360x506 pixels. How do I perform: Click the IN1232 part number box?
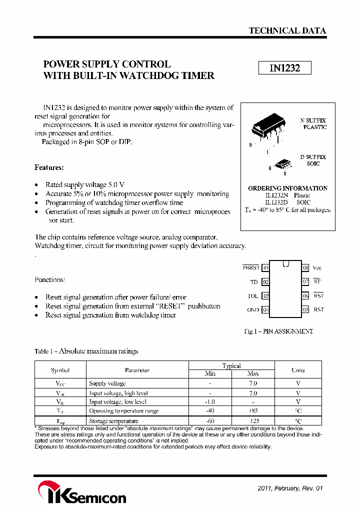tap(284, 68)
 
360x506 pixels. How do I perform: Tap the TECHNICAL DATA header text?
tap(287, 30)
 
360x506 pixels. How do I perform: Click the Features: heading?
tap(49, 167)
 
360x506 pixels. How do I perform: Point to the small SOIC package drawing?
tap(283, 164)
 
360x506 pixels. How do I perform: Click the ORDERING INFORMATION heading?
tap(287, 188)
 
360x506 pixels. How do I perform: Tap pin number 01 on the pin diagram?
tap(265, 268)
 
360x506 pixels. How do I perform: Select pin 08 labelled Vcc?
tap(305, 268)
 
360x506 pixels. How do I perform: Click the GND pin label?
tap(253, 309)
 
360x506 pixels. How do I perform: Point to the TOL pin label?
tap(253, 296)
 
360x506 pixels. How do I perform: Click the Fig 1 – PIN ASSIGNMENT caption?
tap(278, 331)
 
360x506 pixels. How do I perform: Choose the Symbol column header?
tap(60, 370)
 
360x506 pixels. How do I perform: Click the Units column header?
tap(298, 370)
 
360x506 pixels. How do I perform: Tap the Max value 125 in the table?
tap(253, 420)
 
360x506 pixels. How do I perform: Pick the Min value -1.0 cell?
tap(210, 401)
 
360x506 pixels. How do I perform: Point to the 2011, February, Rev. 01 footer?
tap(287, 488)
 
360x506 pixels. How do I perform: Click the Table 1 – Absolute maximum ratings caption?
tap(86, 351)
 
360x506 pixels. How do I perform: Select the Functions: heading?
tap(49, 279)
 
